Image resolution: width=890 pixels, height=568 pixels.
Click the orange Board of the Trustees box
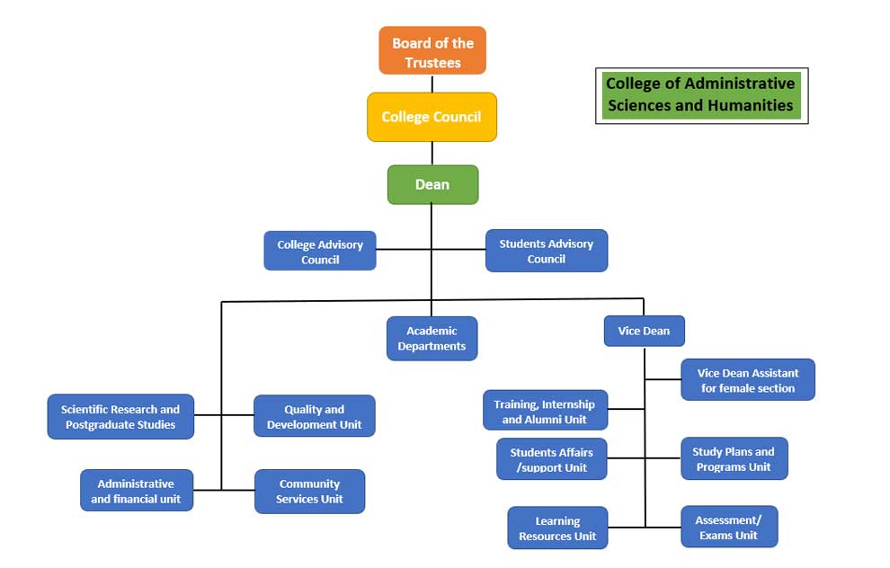point(432,51)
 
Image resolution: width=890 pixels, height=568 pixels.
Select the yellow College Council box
point(432,117)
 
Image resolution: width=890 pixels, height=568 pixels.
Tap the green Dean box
point(432,184)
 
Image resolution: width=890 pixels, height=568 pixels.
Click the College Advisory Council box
point(320,252)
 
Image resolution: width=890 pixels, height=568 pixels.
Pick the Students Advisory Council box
point(547,251)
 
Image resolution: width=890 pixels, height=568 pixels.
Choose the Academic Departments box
point(432,338)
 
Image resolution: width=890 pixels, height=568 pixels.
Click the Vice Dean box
point(644,331)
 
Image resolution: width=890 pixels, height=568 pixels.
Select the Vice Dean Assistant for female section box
point(748,380)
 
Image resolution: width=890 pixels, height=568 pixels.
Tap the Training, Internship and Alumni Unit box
point(544,412)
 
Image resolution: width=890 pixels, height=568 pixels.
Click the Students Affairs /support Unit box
point(551,459)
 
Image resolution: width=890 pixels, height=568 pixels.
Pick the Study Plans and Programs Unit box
point(733,459)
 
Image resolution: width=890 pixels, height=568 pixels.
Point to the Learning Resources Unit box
point(557,528)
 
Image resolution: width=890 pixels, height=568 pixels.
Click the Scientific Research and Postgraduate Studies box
point(120,416)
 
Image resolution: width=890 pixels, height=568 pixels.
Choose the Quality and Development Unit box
point(315,416)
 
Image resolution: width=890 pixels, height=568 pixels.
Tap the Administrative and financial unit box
point(136,491)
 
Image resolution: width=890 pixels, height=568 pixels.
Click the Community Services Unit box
point(309,491)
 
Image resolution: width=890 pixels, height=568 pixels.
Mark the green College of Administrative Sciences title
point(700,94)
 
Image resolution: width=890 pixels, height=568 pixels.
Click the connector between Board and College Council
point(432,84)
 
